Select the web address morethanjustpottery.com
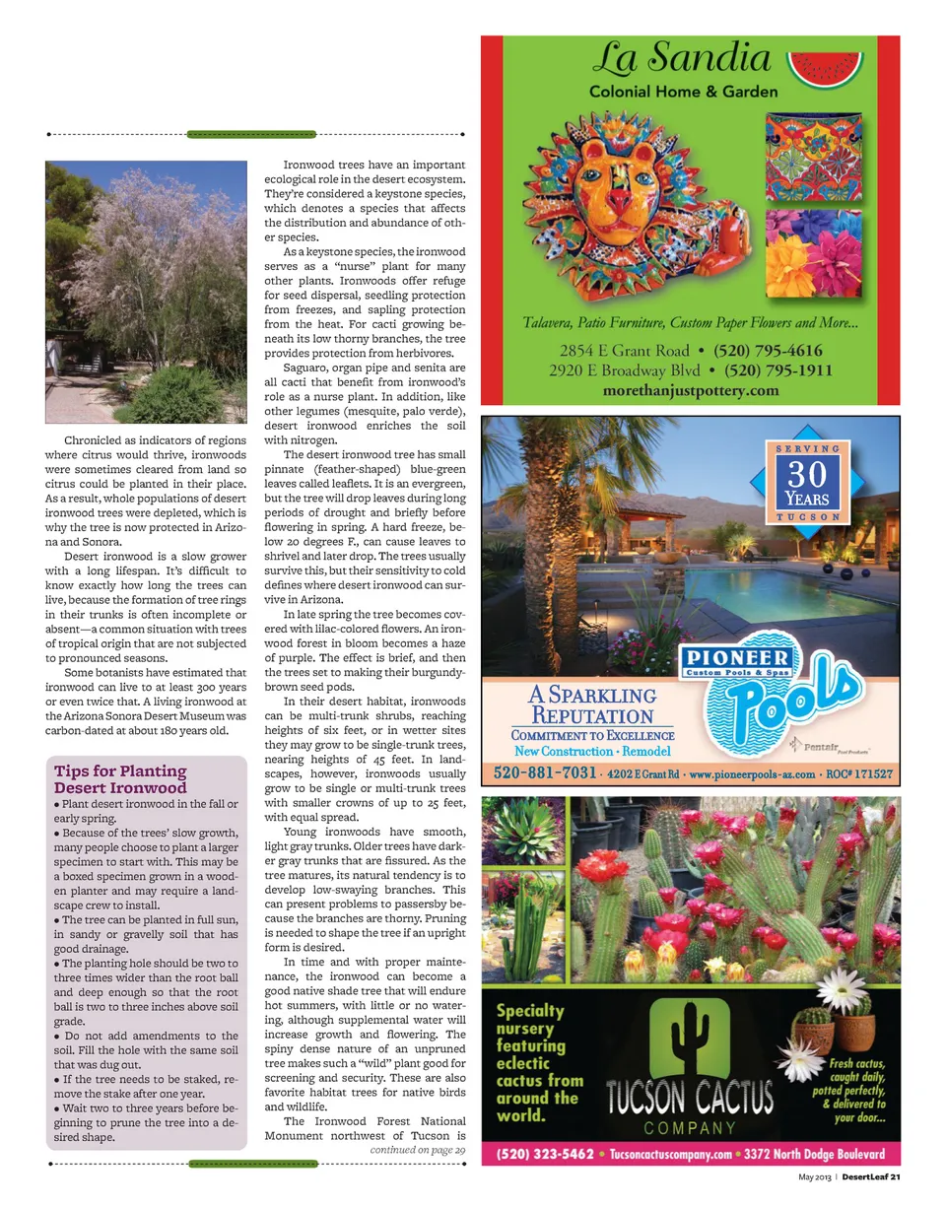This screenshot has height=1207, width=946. pyautogui.click(x=690, y=390)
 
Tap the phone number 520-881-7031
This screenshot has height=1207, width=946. pyautogui.click(x=543, y=772)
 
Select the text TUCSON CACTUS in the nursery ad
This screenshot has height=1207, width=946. pyautogui.click(x=690, y=1098)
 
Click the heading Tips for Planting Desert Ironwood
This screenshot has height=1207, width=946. pyautogui.click(x=120, y=778)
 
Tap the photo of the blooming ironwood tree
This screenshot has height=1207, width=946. pyautogui.click(x=146, y=292)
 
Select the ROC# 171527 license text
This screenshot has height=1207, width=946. pyautogui.click(x=859, y=773)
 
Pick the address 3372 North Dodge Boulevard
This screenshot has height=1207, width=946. pyautogui.click(x=814, y=1153)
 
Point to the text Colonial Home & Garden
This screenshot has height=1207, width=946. pyautogui.click(x=683, y=93)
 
